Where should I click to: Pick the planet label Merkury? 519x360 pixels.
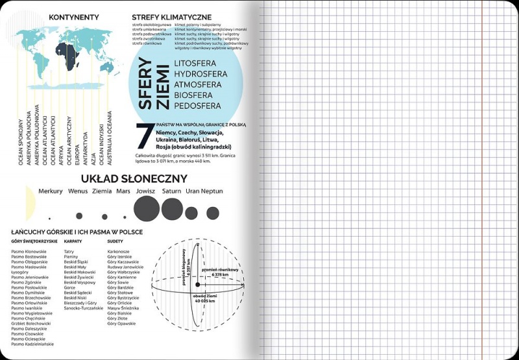[51, 191]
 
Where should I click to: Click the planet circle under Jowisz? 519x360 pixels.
[146, 209]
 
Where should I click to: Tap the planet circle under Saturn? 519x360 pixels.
[172, 209]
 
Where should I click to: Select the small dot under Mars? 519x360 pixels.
[123, 216]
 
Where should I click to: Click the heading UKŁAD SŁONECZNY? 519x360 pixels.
[134, 178]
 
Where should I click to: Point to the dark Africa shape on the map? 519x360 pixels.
[64, 54]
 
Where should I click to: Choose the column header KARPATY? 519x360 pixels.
[73, 241]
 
